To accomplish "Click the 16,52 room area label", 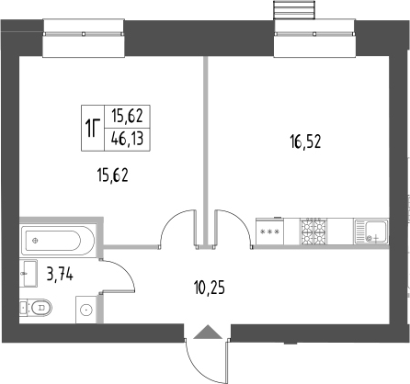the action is [305, 141].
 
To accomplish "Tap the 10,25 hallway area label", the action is [210, 288].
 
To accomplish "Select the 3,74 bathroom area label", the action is [60, 274].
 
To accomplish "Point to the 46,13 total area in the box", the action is [127, 139].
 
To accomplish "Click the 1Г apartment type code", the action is [93, 129].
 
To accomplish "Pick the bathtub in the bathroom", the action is [58, 241].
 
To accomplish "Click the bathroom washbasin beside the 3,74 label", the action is [28, 274].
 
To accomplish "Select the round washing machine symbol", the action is [86, 310].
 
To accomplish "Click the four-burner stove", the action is [313, 232].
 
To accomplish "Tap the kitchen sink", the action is [371, 232].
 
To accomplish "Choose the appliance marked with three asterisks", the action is [269, 232].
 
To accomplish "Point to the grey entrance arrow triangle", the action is [208, 332].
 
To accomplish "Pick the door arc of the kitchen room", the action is [242, 220].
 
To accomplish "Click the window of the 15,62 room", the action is [84, 38].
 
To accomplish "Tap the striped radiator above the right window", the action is [294, 10].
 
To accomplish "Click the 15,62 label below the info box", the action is [112, 175].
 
